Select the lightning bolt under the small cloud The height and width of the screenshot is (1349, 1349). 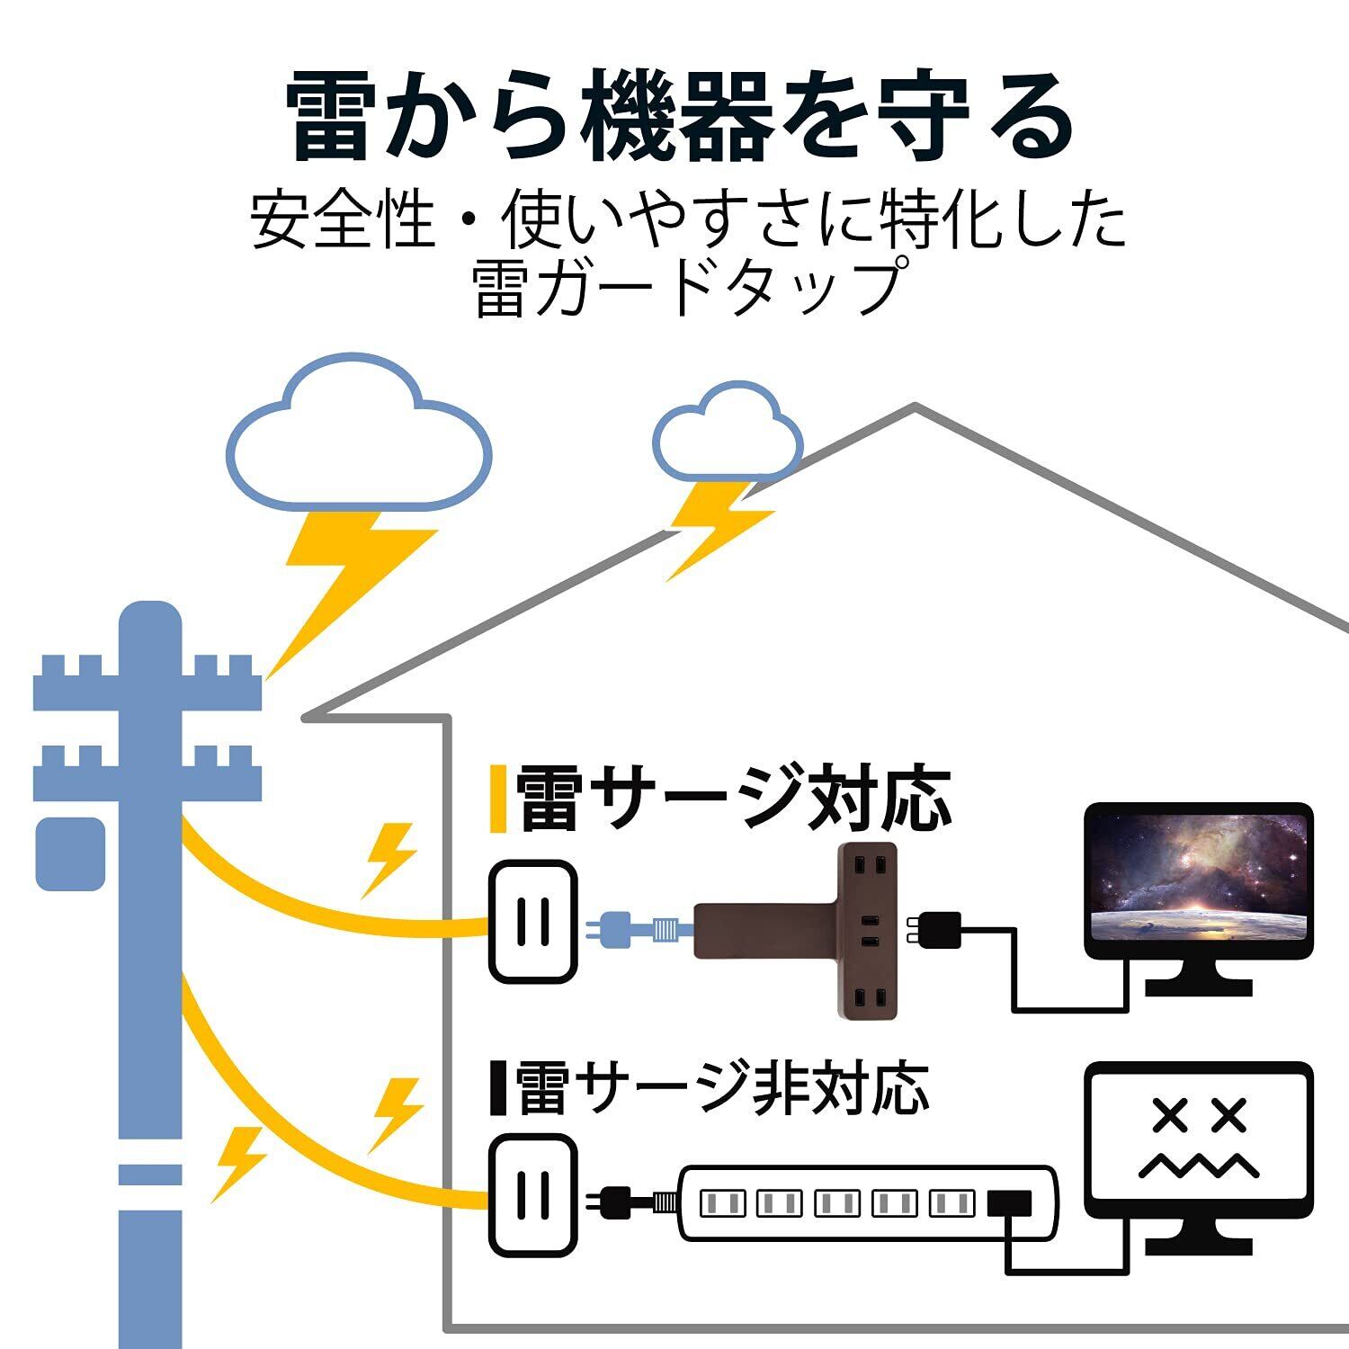[x=719, y=531]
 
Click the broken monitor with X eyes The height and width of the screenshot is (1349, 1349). [x=1199, y=1158]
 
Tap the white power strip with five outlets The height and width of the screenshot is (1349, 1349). [x=867, y=1203]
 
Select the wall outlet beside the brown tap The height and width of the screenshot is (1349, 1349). [x=532, y=921]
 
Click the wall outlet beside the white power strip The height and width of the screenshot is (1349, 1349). [x=532, y=1194]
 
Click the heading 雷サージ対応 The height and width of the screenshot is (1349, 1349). [x=733, y=799]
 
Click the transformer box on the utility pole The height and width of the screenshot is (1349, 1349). [x=70, y=854]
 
